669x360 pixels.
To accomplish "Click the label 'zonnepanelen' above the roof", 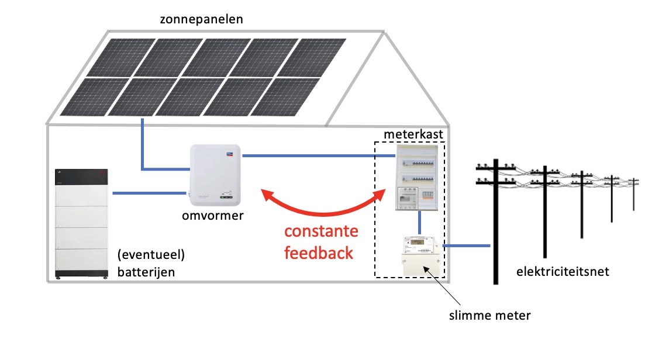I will tap(201, 19).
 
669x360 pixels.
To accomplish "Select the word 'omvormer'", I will tap(212, 216).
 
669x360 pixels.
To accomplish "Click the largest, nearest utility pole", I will tap(495, 222).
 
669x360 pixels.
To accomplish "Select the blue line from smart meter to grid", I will tap(467, 246).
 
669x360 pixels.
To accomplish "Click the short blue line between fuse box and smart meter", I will tap(420, 222).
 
